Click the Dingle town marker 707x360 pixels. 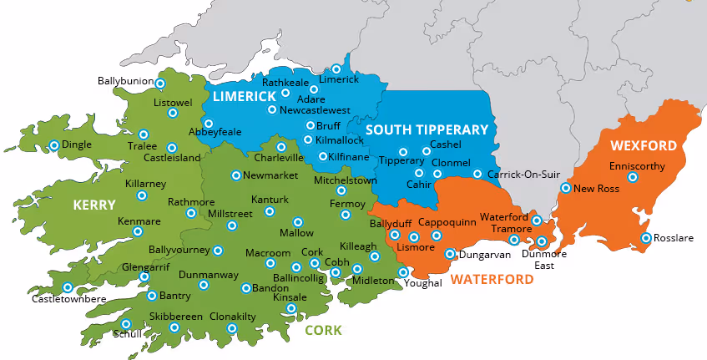(x=54, y=145)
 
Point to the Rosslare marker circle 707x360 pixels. (x=645, y=238)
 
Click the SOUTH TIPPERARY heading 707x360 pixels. (x=426, y=129)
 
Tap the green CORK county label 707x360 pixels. (x=323, y=330)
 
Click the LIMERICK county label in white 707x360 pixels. (x=244, y=97)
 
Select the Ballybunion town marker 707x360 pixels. (x=160, y=84)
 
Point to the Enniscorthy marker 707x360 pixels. (x=633, y=177)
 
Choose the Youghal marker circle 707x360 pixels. (x=403, y=272)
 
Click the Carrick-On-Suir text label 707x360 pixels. (x=523, y=175)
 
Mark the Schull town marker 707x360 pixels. (x=126, y=324)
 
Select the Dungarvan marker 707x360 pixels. (x=450, y=254)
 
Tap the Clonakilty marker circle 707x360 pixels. (x=232, y=328)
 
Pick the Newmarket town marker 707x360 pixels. (x=236, y=175)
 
